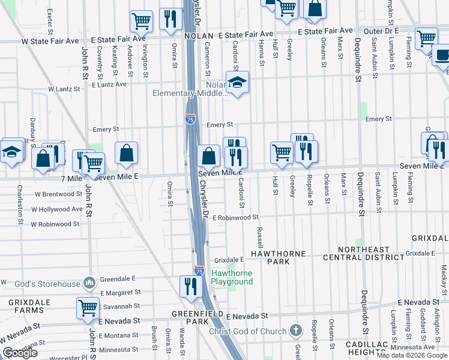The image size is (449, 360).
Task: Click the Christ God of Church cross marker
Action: click(295, 330)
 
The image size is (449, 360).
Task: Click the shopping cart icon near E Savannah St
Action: click(88, 308)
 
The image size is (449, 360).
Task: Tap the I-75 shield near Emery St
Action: click(190, 120)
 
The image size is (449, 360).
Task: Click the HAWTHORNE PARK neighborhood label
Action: click(278, 258)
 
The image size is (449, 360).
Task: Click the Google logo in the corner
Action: click(20, 353)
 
